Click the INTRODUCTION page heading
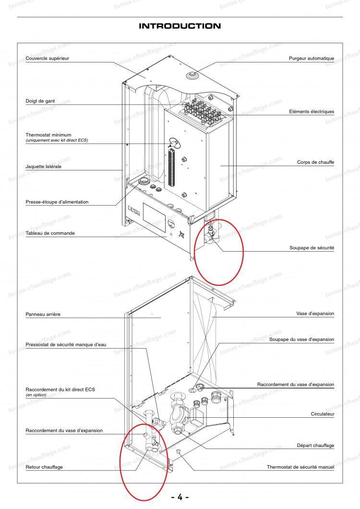180,26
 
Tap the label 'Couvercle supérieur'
48,58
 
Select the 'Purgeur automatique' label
311,58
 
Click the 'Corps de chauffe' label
315,162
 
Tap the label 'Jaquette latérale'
43,167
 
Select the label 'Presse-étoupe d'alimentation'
57,202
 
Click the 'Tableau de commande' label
50,233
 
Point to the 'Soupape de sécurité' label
312,248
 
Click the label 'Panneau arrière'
43,315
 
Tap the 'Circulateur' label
322,413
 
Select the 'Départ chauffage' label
315,446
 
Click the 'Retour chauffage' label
44,467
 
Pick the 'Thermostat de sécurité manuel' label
300,467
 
